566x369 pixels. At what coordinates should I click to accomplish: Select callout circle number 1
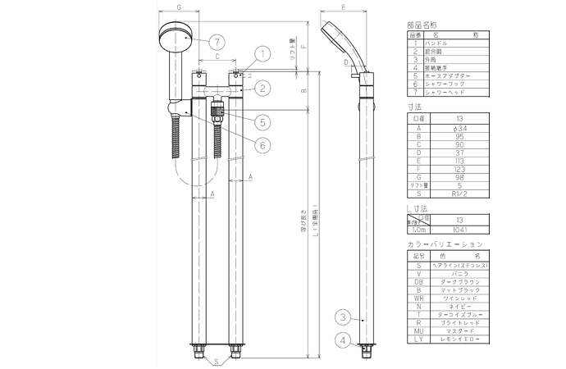point(260,56)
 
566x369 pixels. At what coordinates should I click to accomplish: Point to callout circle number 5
point(262,122)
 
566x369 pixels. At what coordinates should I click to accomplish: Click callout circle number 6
point(262,144)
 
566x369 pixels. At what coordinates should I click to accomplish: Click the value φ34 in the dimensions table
point(459,127)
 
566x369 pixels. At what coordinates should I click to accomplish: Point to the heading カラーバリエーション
point(444,244)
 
